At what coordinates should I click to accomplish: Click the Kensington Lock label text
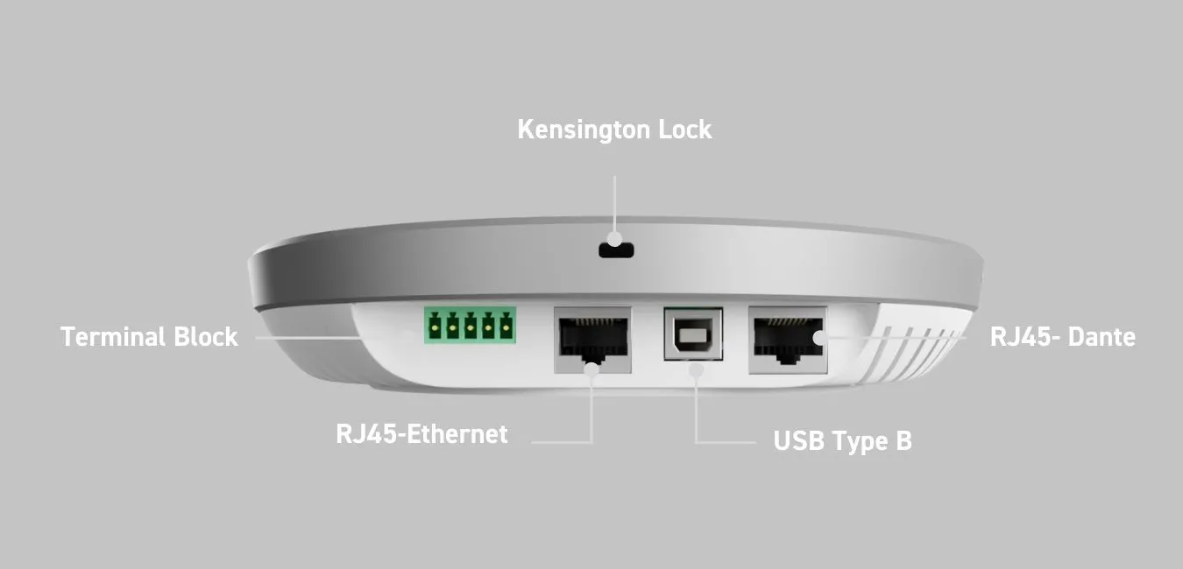tap(614, 130)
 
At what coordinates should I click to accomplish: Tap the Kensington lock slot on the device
tap(616, 249)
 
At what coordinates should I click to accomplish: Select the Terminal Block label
tap(149, 337)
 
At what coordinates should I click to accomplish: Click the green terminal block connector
tap(471, 325)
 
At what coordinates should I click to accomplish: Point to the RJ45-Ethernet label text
tap(421, 433)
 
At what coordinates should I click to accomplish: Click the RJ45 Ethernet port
tap(593, 339)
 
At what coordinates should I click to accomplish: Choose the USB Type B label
tap(842, 440)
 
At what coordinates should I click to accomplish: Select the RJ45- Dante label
tap(1062, 337)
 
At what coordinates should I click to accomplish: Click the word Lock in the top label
tap(684, 130)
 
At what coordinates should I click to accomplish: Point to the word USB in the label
tap(797, 440)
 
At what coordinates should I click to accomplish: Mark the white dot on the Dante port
tap(818, 337)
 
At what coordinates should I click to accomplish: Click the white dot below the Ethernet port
tap(592, 369)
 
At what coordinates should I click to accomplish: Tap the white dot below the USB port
tap(696, 369)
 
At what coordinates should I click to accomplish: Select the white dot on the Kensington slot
tap(615, 238)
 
